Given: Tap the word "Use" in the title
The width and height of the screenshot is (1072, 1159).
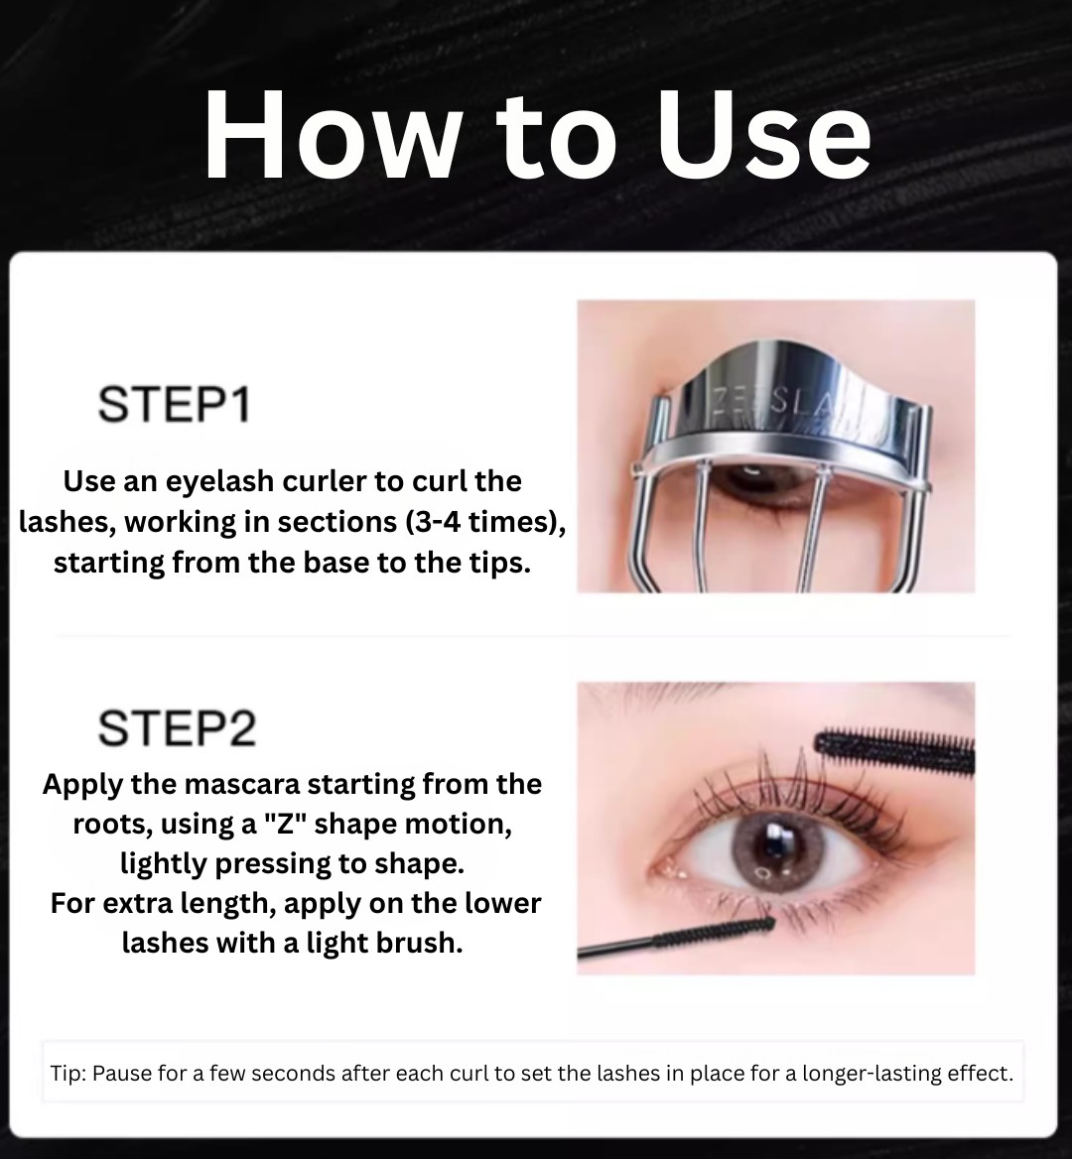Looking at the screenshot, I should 762,136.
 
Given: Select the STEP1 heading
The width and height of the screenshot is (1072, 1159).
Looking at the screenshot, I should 174,405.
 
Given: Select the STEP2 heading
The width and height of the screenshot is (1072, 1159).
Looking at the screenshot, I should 177,727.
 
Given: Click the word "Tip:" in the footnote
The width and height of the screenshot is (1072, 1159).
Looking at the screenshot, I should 68,1074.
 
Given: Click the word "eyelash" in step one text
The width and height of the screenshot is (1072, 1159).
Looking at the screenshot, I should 207,481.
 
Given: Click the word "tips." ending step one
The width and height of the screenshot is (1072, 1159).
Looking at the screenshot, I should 498,563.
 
